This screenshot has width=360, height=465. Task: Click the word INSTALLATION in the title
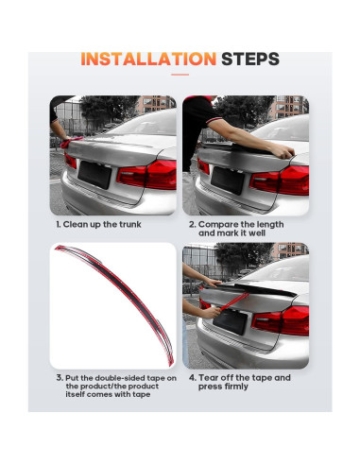pyautogui.click(x=147, y=60)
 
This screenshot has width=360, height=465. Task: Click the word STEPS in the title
pyautogui.click(x=249, y=60)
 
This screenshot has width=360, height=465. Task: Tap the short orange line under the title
pyautogui.click(x=180, y=75)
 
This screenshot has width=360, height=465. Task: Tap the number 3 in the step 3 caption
pyautogui.click(x=59, y=377)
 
